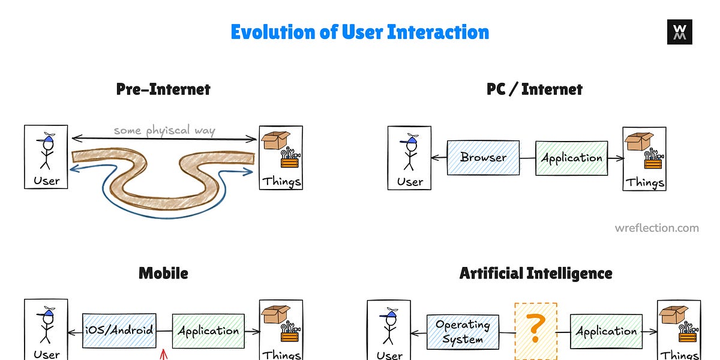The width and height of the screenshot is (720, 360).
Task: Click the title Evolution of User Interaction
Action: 359,32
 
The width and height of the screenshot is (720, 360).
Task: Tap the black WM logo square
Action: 679,32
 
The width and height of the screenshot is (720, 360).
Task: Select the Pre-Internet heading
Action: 163,90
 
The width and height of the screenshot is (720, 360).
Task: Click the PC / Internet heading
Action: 534,90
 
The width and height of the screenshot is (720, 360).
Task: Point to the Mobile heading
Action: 163,274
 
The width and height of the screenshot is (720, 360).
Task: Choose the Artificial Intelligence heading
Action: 536,274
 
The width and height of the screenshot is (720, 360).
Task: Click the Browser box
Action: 483,158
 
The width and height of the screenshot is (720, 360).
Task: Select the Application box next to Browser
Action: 571,158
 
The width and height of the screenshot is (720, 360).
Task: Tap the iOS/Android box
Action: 119,331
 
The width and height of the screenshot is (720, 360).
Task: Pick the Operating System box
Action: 463,332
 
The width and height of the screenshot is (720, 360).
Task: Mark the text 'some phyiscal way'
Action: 164,130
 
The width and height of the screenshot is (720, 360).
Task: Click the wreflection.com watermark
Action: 656,228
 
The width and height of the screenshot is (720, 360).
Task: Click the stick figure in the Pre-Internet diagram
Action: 46,150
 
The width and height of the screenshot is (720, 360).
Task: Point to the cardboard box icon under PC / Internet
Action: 639,142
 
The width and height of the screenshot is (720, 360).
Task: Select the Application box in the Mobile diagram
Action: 208,331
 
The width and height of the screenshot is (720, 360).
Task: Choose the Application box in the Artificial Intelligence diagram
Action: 606,331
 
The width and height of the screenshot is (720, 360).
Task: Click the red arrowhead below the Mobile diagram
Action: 162,355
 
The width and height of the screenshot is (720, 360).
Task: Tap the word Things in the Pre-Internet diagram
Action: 281,181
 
